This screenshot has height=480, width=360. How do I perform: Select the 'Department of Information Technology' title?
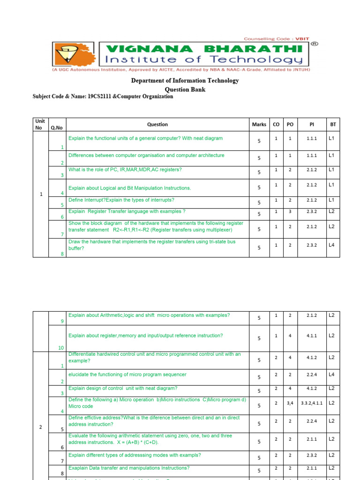click(185, 81)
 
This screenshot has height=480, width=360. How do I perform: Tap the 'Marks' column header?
click(259, 125)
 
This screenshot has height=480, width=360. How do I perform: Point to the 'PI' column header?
click(312, 125)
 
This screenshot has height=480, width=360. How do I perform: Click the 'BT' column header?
click(333, 125)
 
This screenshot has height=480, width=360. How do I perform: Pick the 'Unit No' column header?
click(40, 124)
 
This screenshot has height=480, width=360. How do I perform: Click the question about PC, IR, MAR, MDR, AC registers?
click(125, 169)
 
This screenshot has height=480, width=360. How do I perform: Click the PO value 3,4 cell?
click(290, 403)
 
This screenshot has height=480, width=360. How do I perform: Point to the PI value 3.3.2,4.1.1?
click(312, 403)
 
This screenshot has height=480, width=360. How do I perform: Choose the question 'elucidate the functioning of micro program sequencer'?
click(127, 374)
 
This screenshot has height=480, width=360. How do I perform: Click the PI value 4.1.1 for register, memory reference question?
click(312, 336)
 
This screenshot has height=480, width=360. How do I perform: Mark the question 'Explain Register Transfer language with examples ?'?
click(127, 211)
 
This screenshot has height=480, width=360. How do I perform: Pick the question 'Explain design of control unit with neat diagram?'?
click(123, 388)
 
